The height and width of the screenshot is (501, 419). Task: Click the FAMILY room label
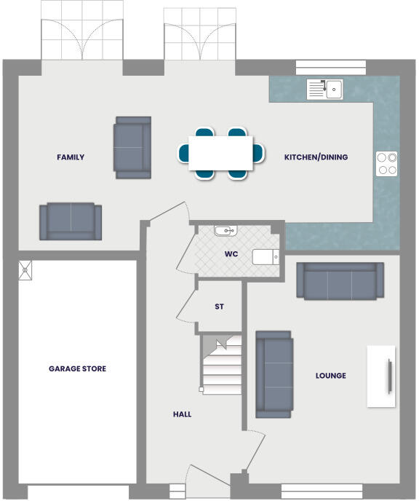(71, 157)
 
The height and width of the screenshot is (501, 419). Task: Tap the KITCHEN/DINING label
(316, 157)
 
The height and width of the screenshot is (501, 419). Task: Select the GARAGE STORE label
(77, 369)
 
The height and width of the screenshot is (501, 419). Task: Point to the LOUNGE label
(330, 376)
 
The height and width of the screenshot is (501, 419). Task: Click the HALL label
(182, 414)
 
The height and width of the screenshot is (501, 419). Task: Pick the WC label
(232, 256)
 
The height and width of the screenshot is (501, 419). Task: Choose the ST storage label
(219, 307)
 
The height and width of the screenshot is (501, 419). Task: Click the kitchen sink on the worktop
(324, 90)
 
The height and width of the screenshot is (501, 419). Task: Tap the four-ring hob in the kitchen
(387, 164)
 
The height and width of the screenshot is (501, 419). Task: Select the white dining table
(221, 153)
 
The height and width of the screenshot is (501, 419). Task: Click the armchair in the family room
(132, 147)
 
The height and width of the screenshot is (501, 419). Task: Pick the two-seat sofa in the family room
(71, 221)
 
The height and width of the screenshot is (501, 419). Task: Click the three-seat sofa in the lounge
(340, 280)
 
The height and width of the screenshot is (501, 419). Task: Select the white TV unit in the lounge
(381, 376)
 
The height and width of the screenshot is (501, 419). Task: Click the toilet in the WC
(266, 256)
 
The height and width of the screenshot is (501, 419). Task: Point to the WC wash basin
(226, 231)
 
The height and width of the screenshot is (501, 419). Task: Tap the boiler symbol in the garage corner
(26, 269)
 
